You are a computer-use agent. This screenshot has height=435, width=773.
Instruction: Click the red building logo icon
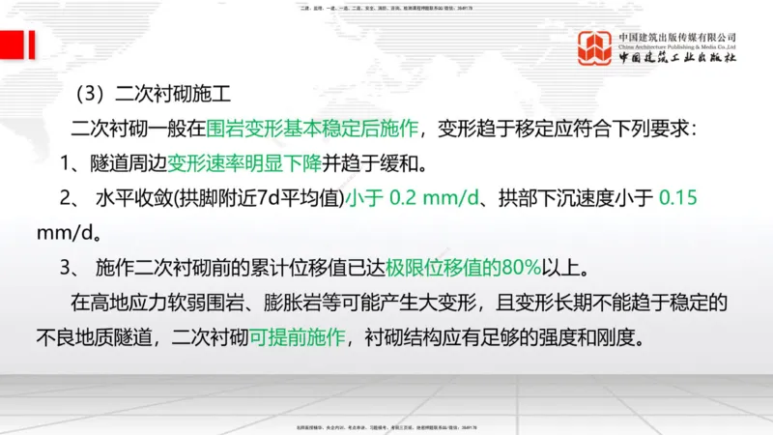[594, 51]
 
